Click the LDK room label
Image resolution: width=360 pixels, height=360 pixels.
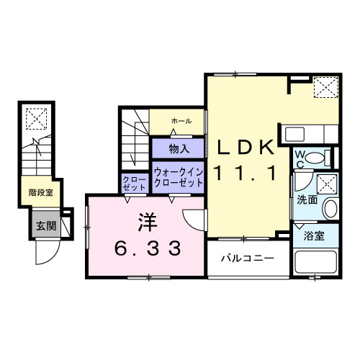pyautogui.click(x=246, y=147)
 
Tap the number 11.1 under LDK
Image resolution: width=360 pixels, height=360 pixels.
pyautogui.click(x=246, y=174)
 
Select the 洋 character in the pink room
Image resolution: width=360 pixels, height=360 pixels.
pyautogui.click(x=148, y=222)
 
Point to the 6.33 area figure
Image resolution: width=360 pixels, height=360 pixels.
pyautogui.click(x=148, y=248)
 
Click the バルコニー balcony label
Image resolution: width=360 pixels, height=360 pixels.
pyautogui.click(x=248, y=258)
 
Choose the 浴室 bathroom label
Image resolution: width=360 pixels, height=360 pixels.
pyautogui.click(x=314, y=236)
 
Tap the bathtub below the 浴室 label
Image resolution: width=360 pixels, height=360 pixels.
pyautogui.click(x=315, y=262)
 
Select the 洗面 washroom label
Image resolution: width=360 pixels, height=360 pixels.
pyautogui.click(x=307, y=199)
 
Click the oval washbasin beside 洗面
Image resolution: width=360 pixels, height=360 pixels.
pyautogui.click(x=330, y=209)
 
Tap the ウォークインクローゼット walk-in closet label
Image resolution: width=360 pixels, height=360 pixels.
pyautogui.click(x=179, y=178)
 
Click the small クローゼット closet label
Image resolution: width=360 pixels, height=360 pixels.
pyautogui.click(x=134, y=184)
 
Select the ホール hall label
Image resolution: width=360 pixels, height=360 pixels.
pyautogui.click(x=181, y=121)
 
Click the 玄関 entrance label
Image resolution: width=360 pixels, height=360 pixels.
pyautogui.click(x=46, y=225)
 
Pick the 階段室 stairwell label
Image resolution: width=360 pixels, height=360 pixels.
pyautogui.click(x=41, y=192)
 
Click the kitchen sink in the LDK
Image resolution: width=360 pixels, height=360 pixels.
pyautogui.click(x=294, y=134)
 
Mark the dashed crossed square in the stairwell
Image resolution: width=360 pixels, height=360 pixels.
pyautogui.click(x=36, y=119)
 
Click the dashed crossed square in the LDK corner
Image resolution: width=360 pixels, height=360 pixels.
pyautogui.click(x=326, y=87)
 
